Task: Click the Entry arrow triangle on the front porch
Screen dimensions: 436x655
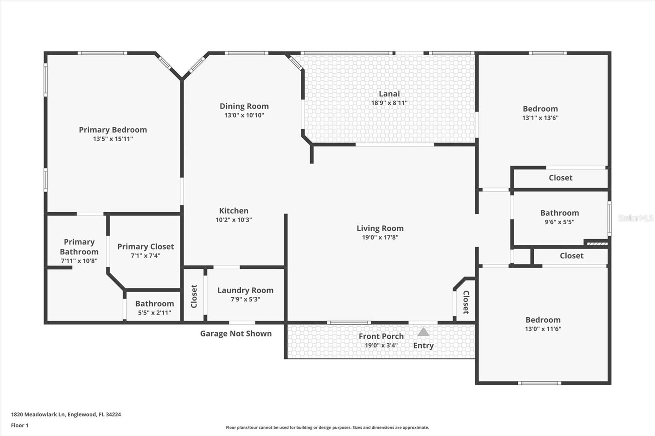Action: point(423,332)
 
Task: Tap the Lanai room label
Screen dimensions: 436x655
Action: point(389,94)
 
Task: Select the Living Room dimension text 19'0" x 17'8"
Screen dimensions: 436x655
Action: point(380,237)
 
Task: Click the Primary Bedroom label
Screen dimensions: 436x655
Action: point(113,130)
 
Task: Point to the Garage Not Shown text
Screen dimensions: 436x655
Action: point(236,333)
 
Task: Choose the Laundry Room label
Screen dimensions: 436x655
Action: point(245,290)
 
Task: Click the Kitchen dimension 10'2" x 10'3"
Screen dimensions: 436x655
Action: point(234,220)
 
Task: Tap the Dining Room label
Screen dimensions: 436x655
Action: point(244,106)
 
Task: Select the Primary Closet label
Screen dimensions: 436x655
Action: point(145,246)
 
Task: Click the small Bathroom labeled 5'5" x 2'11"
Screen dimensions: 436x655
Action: point(154,303)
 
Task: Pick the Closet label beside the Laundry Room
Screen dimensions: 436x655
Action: point(194,296)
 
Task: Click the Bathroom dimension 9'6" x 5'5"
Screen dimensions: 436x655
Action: point(559,222)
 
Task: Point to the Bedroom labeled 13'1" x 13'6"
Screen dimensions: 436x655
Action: point(540,109)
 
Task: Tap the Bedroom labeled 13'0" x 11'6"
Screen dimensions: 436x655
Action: point(543,320)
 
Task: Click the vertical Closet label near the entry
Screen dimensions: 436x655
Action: point(466,302)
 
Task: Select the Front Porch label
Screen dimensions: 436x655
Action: point(381,336)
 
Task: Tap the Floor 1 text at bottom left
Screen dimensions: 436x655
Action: point(20,425)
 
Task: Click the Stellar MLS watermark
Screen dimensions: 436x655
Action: point(635,218)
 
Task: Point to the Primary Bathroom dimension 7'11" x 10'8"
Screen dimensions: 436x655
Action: point(79,261)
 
